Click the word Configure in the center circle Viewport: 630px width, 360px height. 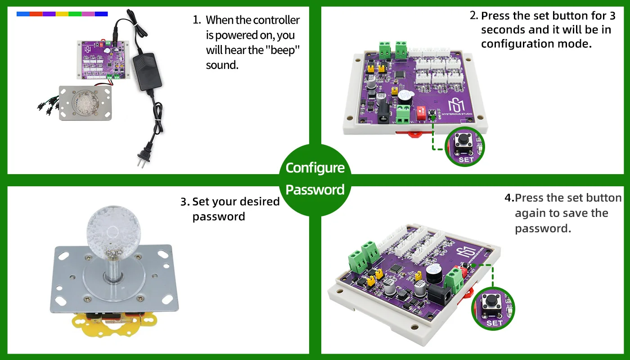point(315,168)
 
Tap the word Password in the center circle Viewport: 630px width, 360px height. point(315,189)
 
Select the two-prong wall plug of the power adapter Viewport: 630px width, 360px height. point(144,157)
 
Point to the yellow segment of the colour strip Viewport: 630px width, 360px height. point(62,14)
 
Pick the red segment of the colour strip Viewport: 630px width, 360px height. point(36,14)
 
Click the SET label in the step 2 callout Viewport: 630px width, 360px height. point(466,160)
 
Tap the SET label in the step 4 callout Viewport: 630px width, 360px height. point(495,323)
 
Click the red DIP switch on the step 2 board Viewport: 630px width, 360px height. point(421,113)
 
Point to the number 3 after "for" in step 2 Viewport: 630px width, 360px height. point(612,16)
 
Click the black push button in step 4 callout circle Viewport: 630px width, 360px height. point(491,301)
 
